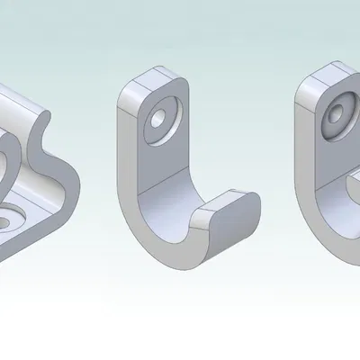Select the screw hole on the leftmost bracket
click(11, 219)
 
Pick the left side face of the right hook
click(303, 162)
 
